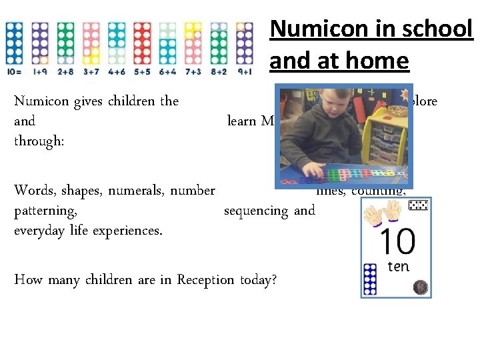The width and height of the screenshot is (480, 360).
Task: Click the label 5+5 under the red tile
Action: pyautogui.click(x=141, y=71)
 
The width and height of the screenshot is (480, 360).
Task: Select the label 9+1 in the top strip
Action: pyautogui.click(x=244, y=71)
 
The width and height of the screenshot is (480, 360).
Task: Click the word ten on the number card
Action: pyautogui.click(x=398, y=267)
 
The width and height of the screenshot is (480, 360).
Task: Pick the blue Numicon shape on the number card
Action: pyautogui.click(x=369, y=279)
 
